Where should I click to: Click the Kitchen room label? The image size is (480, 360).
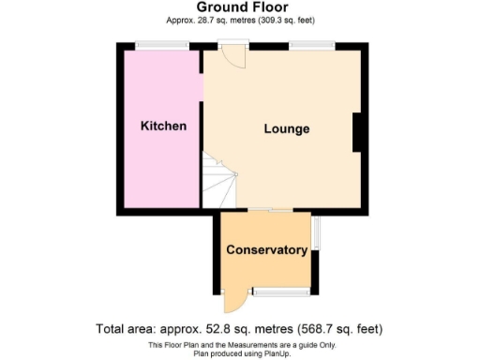[x=163, y=127]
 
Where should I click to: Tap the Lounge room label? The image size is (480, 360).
[x=286, y=128]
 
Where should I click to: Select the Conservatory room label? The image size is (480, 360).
[x=267, y=250]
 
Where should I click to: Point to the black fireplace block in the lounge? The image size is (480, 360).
[x=357, y=132]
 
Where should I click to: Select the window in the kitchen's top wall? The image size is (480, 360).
[x=150, y=45]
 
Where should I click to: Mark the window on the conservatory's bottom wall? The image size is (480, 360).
[x=280, y=292]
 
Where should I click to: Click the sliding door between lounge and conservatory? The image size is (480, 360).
[x=267, y=210]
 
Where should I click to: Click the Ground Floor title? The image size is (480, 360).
[x=241, y=7]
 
